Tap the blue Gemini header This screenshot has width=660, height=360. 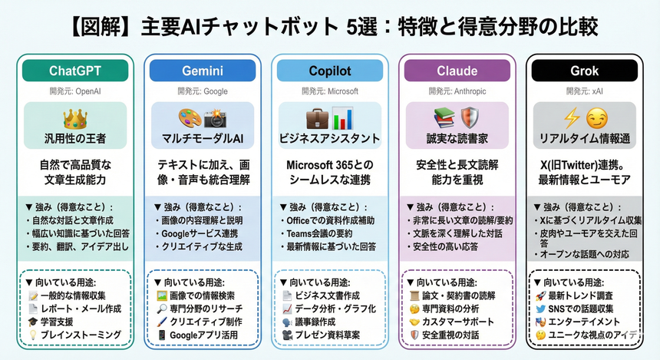click(x=203, y=71)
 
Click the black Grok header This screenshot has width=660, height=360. click(x=585, y=71)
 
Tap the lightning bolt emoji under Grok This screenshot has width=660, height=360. click(x=571, y=119)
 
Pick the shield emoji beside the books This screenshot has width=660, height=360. click(x=470, y=118)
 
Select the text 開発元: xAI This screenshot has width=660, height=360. click(x=585, y=91)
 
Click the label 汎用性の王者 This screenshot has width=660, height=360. click(x=76, y=139)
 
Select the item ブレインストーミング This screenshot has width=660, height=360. click(x=80, y=335)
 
